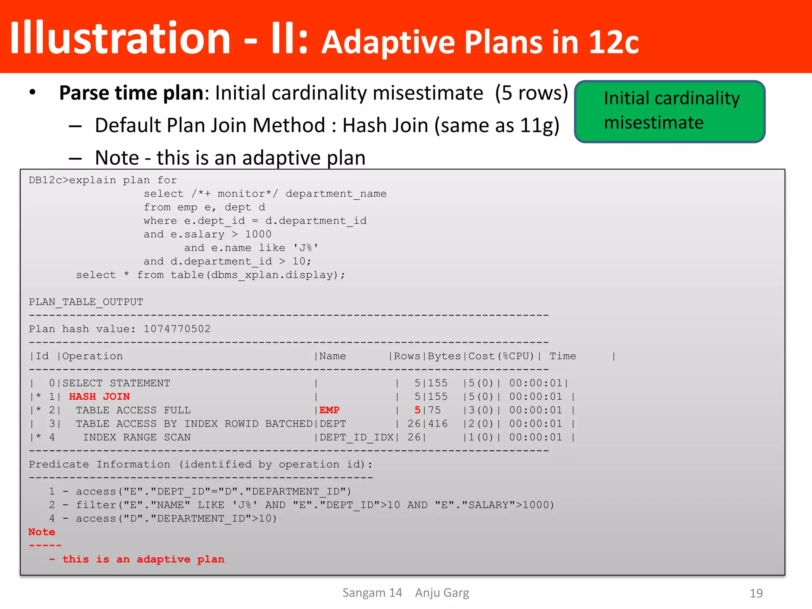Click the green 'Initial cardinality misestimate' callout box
click(670, 111)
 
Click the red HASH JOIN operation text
click(99, 396)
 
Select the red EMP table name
click(329, 410)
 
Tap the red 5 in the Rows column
click(417, 410)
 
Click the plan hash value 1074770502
click(177, 329)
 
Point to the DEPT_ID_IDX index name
click(356, 437)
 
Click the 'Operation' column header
click(92, 356)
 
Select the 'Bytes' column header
click(444, 356)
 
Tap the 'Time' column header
click(563, 356)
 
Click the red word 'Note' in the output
click(42, 532)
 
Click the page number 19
click(756, 593)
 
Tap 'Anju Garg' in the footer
click(442, 593)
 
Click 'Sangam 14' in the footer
click(372, 593)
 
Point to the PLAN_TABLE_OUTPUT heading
click(86, 302)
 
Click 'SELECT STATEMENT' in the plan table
click(116, 383)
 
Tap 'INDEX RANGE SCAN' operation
click(137, 437)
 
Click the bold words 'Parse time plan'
click(131, 93)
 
